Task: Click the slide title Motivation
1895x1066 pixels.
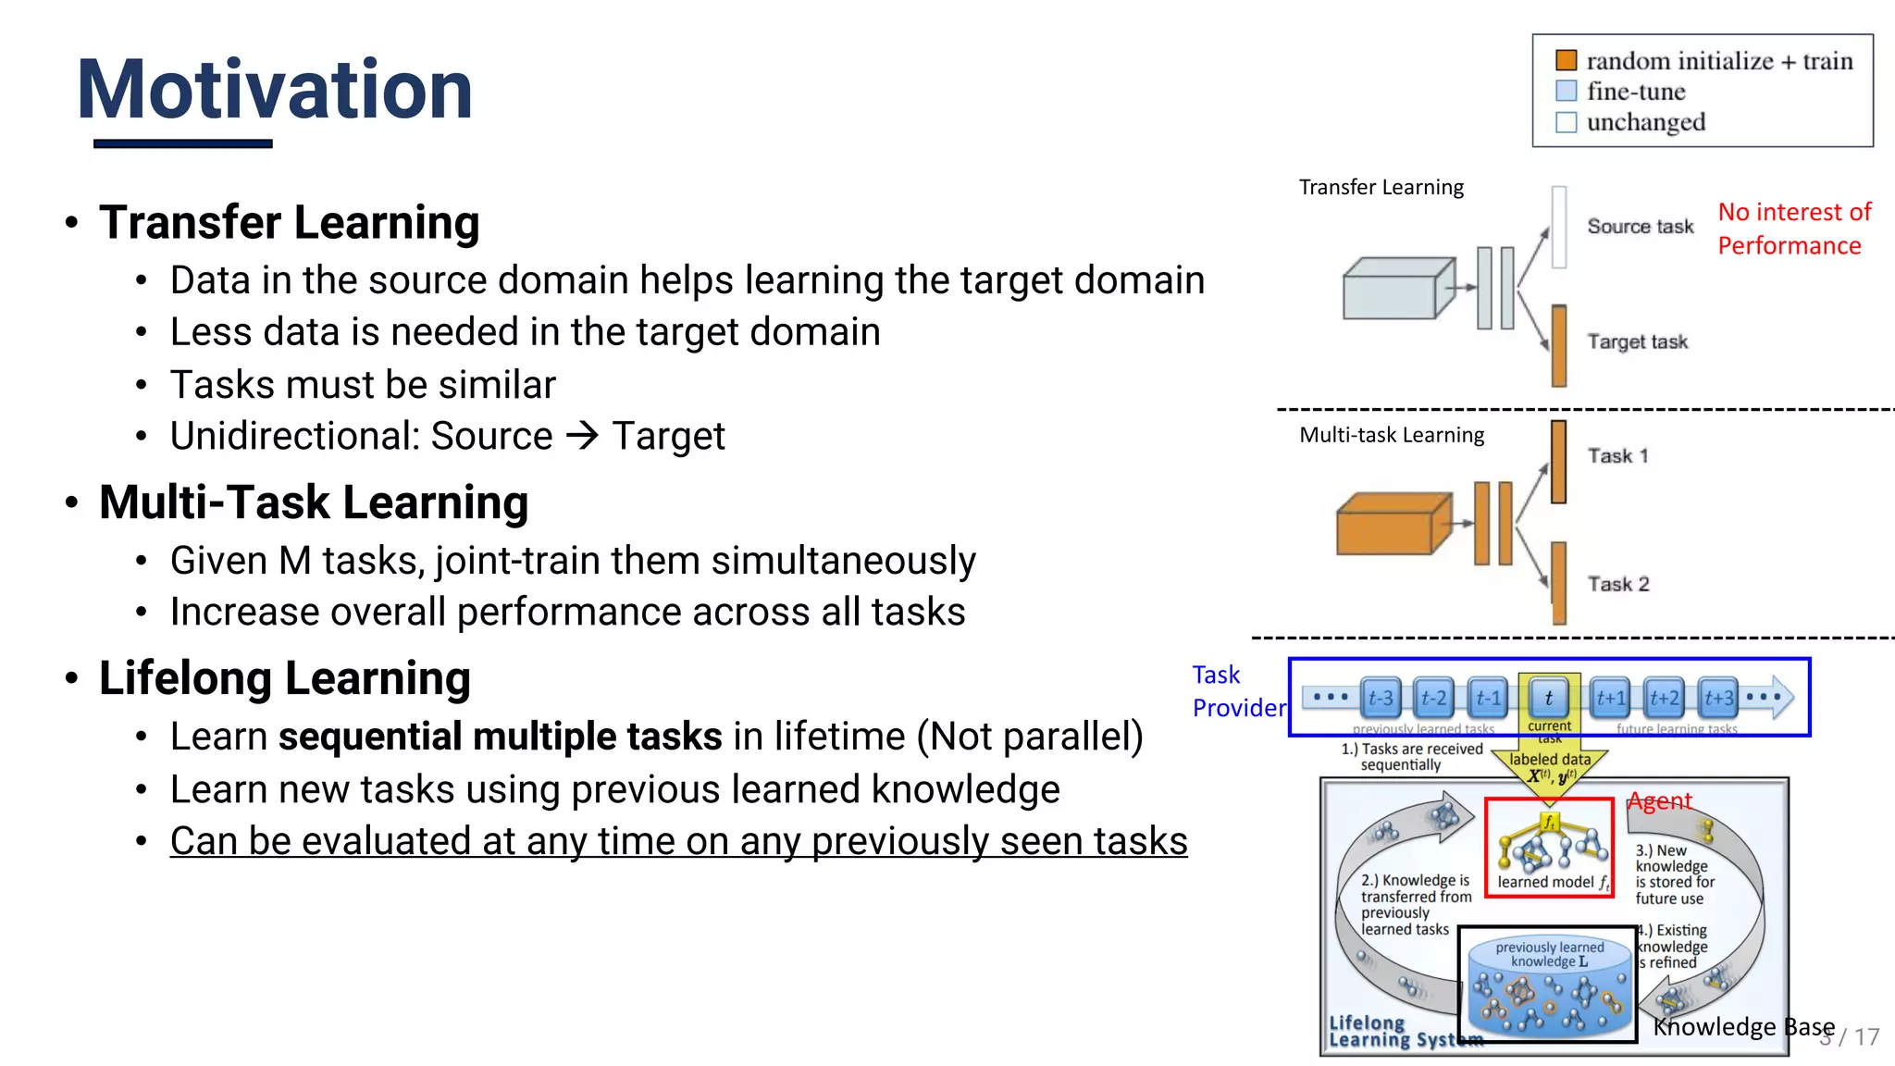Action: click(275, 90)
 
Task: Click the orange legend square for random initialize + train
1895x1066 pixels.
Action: click(1566, 61)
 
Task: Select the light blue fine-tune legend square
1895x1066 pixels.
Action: click(1566, 91)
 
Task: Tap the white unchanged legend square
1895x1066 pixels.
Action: click(1566, 122)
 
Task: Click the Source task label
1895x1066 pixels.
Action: click(1640, 227)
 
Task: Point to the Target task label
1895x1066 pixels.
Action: click(1637, 342)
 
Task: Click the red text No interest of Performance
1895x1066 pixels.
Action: click(1793, 229)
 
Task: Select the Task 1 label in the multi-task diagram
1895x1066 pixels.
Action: click(1617, 456)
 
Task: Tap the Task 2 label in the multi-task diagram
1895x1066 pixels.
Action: click(1617, 584)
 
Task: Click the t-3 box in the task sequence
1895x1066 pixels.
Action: click(1381, 699)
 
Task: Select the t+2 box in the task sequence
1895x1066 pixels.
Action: click(1664, 699)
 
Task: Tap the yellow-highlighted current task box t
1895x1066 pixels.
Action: click(1549, 699)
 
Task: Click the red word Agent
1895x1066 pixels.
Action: click(1660, 801)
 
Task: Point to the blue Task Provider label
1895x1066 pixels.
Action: click(1238, 691)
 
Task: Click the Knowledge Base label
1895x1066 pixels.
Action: click(1743, 1027)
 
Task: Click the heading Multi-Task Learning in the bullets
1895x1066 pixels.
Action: click(314, 502)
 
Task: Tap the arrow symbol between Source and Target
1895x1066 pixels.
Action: click(583, 435)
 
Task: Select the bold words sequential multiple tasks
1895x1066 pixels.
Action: click(500, 737)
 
